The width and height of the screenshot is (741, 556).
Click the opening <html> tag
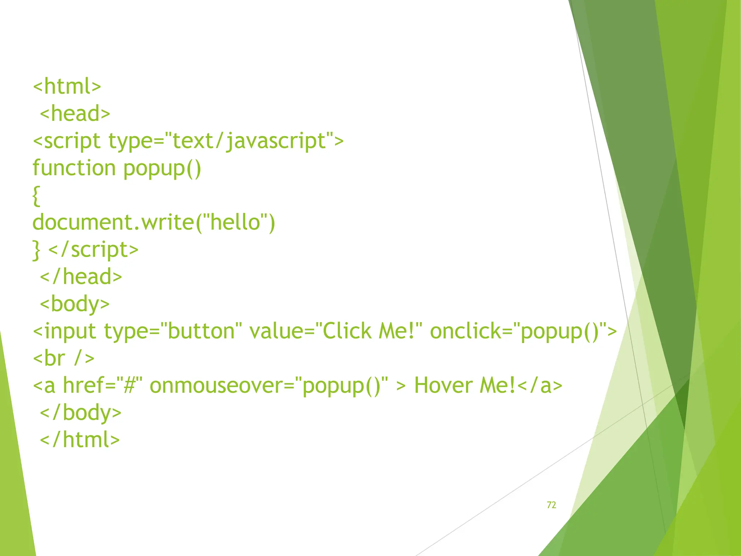[67, 87]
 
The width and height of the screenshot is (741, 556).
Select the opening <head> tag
[75, 114]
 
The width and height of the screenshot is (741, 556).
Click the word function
[74, 168]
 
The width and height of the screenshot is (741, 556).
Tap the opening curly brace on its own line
[36, 196]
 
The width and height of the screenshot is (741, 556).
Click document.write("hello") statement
[154, 222]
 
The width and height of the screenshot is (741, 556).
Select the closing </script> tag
[93, 250]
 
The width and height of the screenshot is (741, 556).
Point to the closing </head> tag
[81, 277]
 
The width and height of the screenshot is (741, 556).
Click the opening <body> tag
[75, 304]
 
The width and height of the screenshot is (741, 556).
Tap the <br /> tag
[64, 358]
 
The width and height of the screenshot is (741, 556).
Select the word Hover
[444, 386]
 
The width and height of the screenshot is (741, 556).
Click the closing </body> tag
[81, 413]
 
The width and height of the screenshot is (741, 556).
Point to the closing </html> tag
[80, 440]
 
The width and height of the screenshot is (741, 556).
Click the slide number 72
[551, 505]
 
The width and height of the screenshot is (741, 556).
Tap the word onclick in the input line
[465, 331]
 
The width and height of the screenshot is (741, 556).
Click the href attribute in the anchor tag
[83, 386]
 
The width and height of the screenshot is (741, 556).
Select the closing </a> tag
[540, 386]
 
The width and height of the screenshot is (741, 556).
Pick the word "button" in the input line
[200, 331]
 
